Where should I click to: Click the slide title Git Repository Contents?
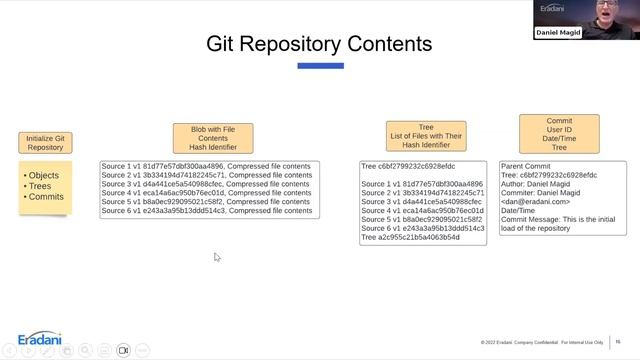coord(319,44)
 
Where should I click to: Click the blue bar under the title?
coord(320,66)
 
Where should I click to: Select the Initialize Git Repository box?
coord(45,143)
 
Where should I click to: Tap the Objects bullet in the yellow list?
coord(43,176)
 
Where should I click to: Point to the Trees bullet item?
coord(40,186)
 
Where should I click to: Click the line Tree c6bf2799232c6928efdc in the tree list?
coord(408,166)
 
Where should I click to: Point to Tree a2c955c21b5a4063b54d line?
coord(410,237)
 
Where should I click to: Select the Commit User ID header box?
coord(559,133)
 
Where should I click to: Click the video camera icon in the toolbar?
coord(124,350)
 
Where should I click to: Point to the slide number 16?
coord(618,342)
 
